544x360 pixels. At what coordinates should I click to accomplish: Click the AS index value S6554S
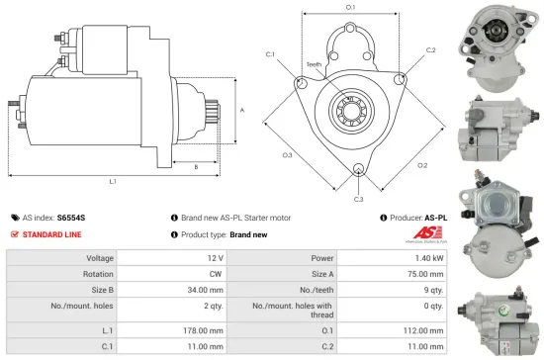(x=71, y=217)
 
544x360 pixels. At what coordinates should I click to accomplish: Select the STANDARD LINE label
(x=51, y=234)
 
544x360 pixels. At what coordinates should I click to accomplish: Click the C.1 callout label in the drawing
(x=270, y=54)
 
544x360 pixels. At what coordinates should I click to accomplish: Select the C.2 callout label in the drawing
(x=430, y=49)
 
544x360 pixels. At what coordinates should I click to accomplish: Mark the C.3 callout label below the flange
(x=359, y=199)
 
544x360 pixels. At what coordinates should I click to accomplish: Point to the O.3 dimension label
(x=287, y=155)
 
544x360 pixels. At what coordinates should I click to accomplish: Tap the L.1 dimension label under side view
(x=113, y=181)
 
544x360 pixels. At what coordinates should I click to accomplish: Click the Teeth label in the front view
(x=314, y=64)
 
